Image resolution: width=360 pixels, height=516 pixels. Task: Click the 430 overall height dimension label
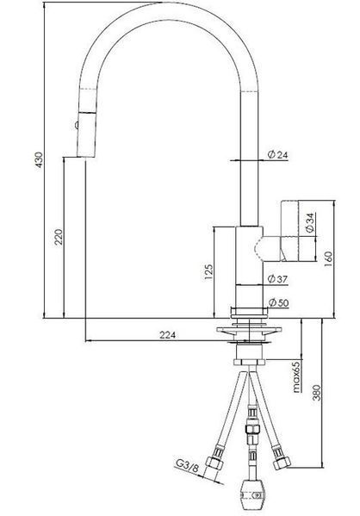39,159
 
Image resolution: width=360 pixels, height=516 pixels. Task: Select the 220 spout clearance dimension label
59,237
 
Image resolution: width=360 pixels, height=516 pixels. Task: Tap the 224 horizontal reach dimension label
167,335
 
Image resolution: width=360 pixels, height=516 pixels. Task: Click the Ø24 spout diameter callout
277,154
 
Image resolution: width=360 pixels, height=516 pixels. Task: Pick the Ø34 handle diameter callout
310,223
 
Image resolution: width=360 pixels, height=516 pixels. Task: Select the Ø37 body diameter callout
277,279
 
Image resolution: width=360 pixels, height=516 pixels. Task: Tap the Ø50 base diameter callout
279,302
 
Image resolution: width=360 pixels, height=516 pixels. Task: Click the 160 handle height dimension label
328,259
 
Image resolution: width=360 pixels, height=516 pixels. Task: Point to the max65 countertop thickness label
297,377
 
